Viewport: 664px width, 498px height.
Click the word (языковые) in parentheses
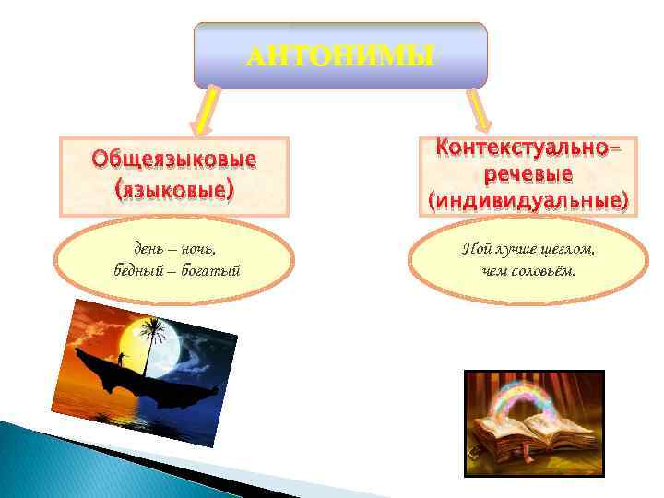[x=173, y=191]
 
